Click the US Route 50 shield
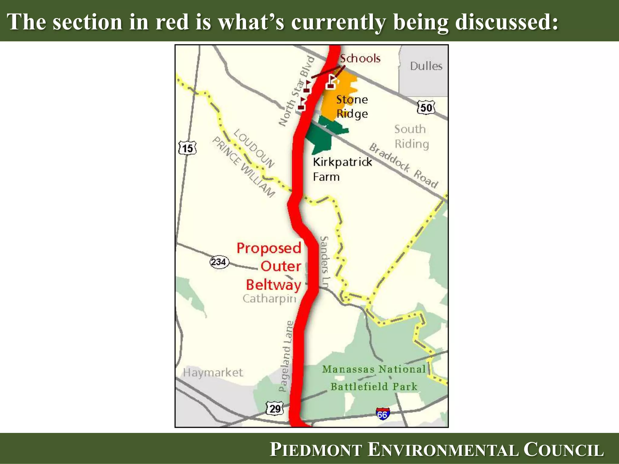click(426, 108)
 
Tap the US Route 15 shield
click(187, 148)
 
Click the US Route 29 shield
click(275, 409)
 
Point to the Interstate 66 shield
click(383, 414)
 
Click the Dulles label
click(426, 66)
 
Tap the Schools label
click(360, 58)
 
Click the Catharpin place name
click(269, 298)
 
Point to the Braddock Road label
click(403, 166)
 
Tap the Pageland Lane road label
click(286, 356)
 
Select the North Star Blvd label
click(296, 91)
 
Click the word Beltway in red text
click(274, 285)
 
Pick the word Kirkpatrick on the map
click(342, 162)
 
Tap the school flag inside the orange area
click(332, 82)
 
